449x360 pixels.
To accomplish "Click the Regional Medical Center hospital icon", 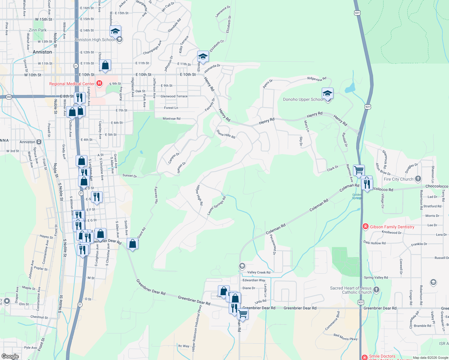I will pos(99,83).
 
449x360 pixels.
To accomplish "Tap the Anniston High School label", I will pos(95,40).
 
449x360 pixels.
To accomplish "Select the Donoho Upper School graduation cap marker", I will pos(327,94).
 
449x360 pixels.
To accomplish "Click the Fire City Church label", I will pos(398,179).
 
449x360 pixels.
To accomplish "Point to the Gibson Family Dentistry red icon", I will pos(365,226).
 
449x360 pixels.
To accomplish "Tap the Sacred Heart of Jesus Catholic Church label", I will pos(351,290).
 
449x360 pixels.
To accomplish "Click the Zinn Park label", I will pos(38,30).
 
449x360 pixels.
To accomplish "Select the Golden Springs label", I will pos(357,196).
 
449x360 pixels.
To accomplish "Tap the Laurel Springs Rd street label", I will pos(216,206).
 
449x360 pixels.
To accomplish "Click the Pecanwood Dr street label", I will pos(273,244).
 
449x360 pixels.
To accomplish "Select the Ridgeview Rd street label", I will pos(317,79).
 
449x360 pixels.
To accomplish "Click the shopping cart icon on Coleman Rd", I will pos(359,170).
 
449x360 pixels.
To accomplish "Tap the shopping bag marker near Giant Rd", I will pos(132,244).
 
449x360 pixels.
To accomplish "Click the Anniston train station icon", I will pos(39,142).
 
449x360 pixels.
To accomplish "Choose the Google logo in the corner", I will pos(10,356).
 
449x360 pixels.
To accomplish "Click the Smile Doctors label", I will pos(382,356).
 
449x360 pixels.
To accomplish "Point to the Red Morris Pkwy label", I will pos(345,337).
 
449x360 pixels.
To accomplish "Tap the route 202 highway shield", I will pos(9,97).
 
